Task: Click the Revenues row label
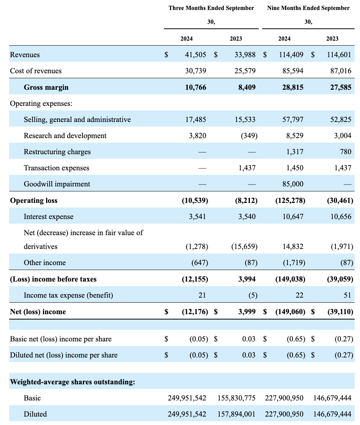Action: pyautogui.click(x=25, y=55)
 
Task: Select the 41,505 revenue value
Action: pyautogui.click(x=196, y=55)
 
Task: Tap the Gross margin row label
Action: pyautogui.click(x=46, y=87)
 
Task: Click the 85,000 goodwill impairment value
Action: pyautogui.click(x=292, y=184)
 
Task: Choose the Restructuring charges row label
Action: pyautogui.click(x=57, y=152)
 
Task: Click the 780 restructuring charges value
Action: pyautogui.click(x=345, y=152)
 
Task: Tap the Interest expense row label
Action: pyautogui.click(x=48, y=217)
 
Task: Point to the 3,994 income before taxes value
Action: pyautogui.click(x=247, y=279)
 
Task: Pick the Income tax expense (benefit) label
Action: pyautogui.click(x=68, y=295)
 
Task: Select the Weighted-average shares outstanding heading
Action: pyautogui.click(x=73, y=382)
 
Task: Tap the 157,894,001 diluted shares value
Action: pyautogui.click(x=236, y=414)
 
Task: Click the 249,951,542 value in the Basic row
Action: pyautogui.click(x=187, y=398)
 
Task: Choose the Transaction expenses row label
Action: pyautogui.click(x=56, y=168)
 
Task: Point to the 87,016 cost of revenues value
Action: pyautogui.click(x=339, y=71)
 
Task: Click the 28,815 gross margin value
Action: pyautogui.click(x=292, y=87)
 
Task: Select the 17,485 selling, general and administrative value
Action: pyautogui.click(x=196, y=120)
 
